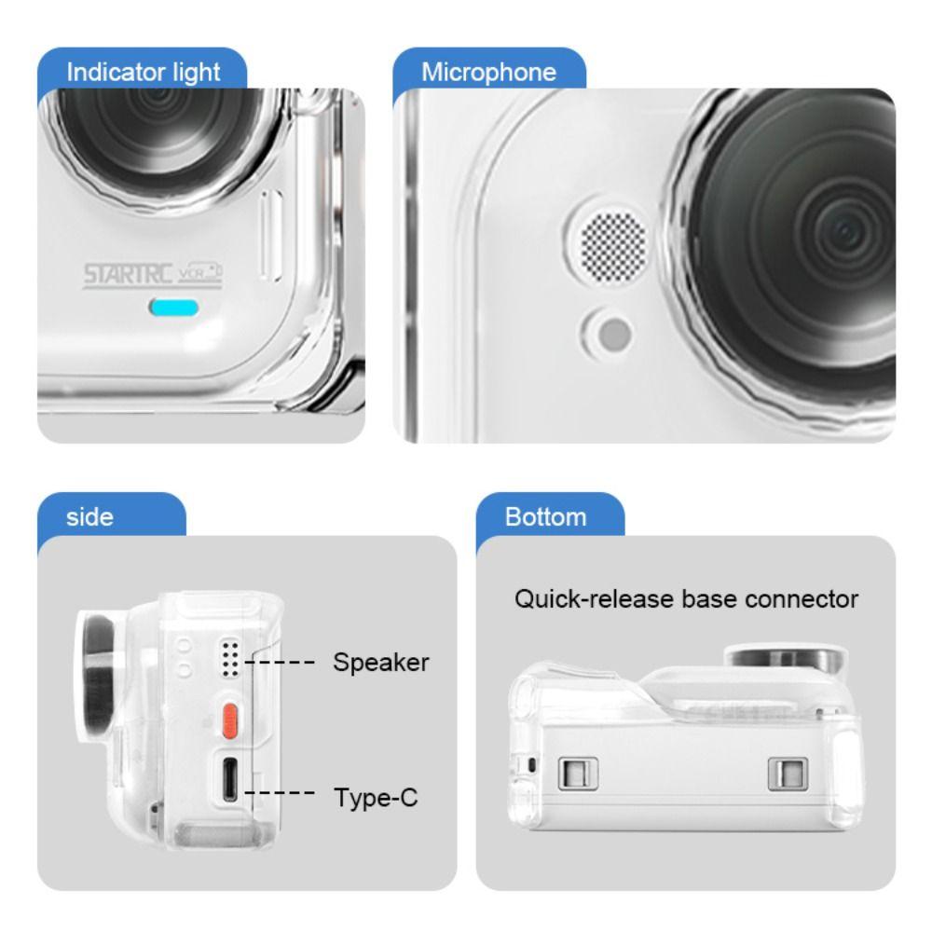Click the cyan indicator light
click(x=173, y=308)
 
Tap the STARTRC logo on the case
click(x=128, y=275)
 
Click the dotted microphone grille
click(x=613, y=245)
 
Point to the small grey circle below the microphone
click(x=614, y=334)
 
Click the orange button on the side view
click(x=230, y=720)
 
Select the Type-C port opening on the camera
click(x=230, y=778)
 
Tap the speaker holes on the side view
click(x=230, y=658)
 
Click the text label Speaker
click(x=381, y=663)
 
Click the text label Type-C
click(x=376, y=797)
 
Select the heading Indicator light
click(x=144, y=73)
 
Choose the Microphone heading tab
click(x=488, y=72)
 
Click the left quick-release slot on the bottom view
click(x=577, y=774)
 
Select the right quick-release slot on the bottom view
click(x=787, y=774)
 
